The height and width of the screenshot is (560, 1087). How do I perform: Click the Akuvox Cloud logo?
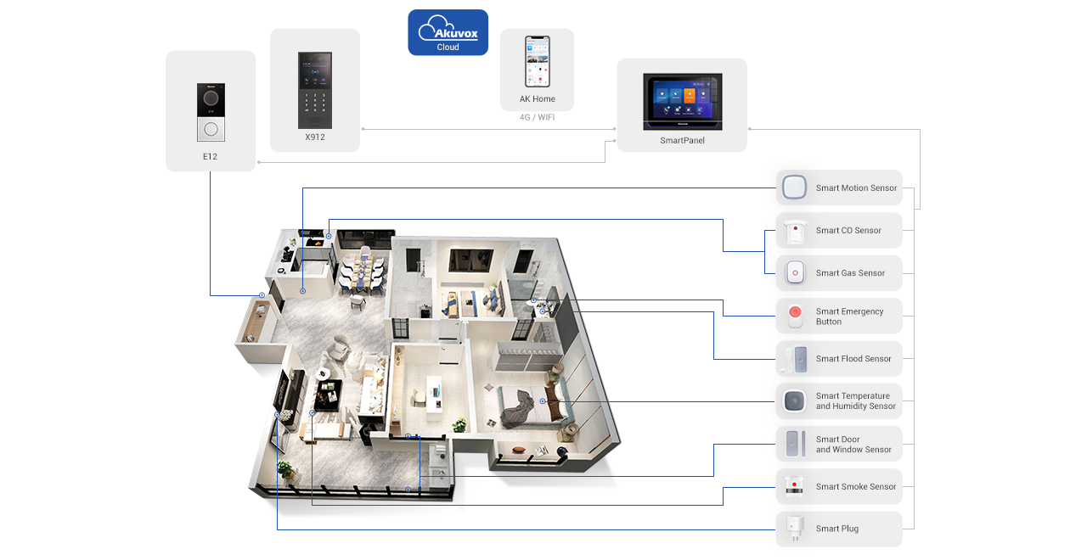click(x=448, y=32)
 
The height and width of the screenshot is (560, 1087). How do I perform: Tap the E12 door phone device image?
click(x=211, y=112)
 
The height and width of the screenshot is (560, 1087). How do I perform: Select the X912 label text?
click(x=315, y=137)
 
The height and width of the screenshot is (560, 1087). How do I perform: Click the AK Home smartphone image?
click(x=537, y=61)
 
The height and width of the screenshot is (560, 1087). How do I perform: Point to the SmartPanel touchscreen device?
click(x=682, y=100)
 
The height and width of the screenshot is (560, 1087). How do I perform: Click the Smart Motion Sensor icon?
click(x=794, y=188)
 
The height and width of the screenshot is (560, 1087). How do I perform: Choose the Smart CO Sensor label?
click(x=848, y=231)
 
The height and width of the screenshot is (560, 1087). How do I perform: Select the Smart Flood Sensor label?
click(x=853, y=359)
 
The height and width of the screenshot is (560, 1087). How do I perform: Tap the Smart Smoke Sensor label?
click(x=856, y=487)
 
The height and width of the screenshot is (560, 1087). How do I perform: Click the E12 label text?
click(x=210, y=156)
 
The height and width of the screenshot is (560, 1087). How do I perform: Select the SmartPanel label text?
click(x=682, y=141)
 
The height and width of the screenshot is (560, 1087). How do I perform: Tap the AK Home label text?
click(x=538, y=99)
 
